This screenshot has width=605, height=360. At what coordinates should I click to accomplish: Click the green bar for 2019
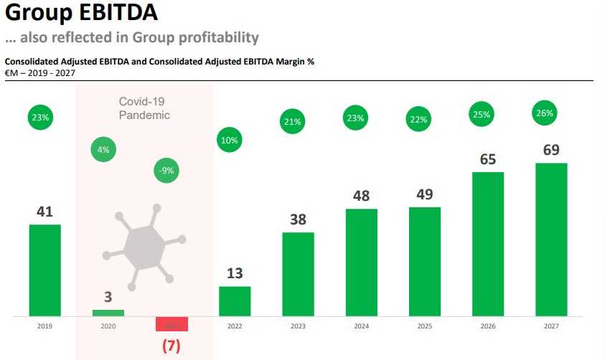coord(44,270)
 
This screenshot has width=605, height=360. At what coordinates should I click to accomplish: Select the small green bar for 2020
coord(108,313)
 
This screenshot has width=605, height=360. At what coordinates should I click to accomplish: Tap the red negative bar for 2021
coord(172,323)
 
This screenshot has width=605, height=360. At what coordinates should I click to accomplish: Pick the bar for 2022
coord(235,301)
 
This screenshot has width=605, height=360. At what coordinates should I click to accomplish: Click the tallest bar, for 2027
coord(551,240)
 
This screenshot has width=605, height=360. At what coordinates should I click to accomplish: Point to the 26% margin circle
coord(545,113)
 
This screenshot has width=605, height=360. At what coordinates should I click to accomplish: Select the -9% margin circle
coord(167,171)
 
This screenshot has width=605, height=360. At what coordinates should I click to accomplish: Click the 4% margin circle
coord(104,150)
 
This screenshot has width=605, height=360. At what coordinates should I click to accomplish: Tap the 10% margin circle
coord(230,140)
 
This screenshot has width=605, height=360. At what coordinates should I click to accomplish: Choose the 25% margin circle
coord(482,114)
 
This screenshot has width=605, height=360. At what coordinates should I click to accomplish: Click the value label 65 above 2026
coord(487,159)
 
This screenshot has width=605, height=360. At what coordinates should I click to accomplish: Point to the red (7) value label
coord(171,345)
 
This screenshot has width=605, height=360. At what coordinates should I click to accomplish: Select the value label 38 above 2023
coord(298,219)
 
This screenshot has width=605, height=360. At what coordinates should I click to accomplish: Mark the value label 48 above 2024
coord(361,196)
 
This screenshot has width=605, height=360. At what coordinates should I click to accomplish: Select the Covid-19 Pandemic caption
coord(144,108)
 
